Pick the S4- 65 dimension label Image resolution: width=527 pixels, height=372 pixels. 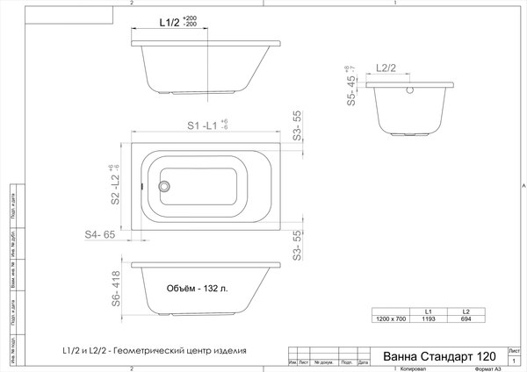(x=100, y=235)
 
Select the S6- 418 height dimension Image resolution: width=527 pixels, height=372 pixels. (x=115, y=289)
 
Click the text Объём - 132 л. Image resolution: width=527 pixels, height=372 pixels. (x=198, y=289)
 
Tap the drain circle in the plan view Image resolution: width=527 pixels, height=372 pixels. (x=162, y=185)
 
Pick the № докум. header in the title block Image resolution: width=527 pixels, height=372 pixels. (x=324, y=361)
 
